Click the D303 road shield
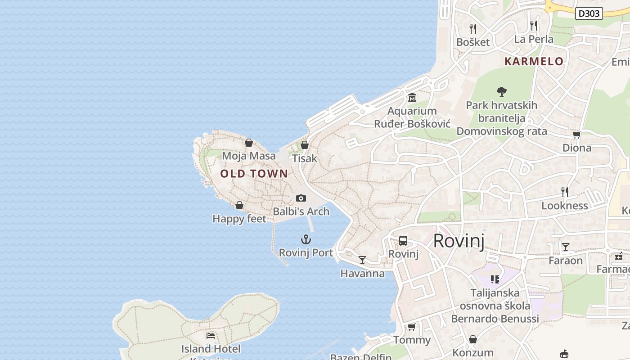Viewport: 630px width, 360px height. coord(589,13)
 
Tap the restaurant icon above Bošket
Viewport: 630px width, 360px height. coord(472,29)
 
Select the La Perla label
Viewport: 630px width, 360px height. coord(534,39)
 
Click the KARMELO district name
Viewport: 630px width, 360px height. coord(534,61)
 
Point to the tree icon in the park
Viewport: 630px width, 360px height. coord(502,92)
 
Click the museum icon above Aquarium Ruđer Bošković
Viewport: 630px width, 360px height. coord(412,98)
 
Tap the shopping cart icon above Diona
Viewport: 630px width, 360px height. coord(576,135)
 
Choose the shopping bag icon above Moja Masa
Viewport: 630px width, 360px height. coord(249,143)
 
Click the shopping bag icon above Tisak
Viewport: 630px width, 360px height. coord(305,145)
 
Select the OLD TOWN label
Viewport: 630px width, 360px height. coord(254,173)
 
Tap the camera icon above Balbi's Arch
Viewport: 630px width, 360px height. coord(301,198)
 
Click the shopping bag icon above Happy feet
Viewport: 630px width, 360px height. coord(239,205)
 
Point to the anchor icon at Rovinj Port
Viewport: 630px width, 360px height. coord(306,239)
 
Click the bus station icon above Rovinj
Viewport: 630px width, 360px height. coord(403,241)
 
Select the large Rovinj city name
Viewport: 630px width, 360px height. coord(459,241)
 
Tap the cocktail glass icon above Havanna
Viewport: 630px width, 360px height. coord(362,260)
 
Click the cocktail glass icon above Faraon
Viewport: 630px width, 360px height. coord(566,247)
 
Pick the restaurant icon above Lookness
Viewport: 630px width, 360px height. coord(565,192)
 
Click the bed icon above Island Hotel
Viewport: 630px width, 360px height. coord(211,336)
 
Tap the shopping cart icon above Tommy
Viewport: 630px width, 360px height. coord(411,327)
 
